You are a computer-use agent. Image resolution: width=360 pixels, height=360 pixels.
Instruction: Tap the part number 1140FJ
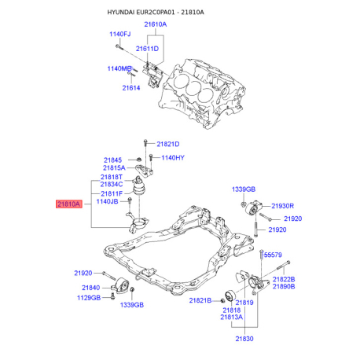click(x=120, y=35)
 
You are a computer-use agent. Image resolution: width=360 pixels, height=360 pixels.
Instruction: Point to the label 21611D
click(x=147, y=49)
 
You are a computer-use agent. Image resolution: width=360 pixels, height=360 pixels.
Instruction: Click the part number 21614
click(x=130, y=87)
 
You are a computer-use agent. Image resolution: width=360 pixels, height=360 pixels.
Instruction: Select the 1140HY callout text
click(x=172, y=158)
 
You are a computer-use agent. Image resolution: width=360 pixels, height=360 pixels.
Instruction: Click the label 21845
click(x=115, y=160)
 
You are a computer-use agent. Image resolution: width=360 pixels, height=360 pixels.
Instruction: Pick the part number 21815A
click(x=114, y=168)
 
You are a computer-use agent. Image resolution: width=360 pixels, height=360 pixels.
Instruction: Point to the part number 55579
click(x=273, y=255)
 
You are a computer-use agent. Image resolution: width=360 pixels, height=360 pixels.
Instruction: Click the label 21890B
click(x=283, y=287)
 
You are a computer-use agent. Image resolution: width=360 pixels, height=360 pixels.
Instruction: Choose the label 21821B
click(x=199, y=301)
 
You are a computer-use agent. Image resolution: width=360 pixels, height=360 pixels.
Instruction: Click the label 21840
click(x=90, y=288)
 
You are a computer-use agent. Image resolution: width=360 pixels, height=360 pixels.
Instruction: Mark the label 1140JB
click(x=107, y=202)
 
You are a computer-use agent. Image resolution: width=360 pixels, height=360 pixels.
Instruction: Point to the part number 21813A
click(x=253, y=317)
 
